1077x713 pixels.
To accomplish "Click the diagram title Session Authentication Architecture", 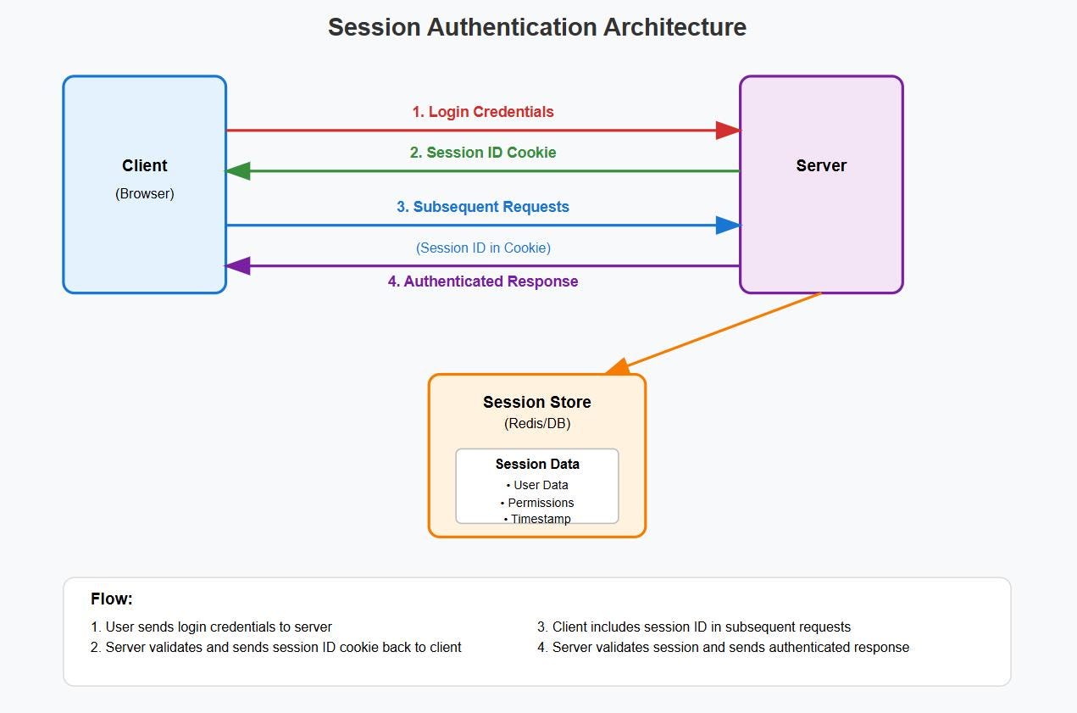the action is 537,27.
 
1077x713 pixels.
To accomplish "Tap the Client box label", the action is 144,165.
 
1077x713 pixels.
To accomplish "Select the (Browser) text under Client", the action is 144,193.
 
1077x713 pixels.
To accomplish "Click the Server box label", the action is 821,165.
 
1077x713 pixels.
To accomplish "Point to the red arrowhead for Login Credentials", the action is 728,131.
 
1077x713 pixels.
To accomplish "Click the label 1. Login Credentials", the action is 483,112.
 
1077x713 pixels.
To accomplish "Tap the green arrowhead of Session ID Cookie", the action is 238,170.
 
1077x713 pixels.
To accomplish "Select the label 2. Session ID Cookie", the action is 483,153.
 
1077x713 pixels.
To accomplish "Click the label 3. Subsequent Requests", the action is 483,207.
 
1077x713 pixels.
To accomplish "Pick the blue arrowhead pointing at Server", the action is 728,226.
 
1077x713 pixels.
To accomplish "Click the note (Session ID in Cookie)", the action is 483,248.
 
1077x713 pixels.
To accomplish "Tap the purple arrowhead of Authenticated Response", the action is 238,265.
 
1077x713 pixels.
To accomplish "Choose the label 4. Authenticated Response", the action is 483,281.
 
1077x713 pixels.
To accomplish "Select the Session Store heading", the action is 537,402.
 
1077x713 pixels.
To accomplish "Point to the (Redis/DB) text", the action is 537,423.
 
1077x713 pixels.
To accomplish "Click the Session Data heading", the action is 537,465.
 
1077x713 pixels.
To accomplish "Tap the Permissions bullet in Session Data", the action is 537,503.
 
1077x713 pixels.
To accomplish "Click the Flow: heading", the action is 112,599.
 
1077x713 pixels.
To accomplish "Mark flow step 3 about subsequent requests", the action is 694,627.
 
